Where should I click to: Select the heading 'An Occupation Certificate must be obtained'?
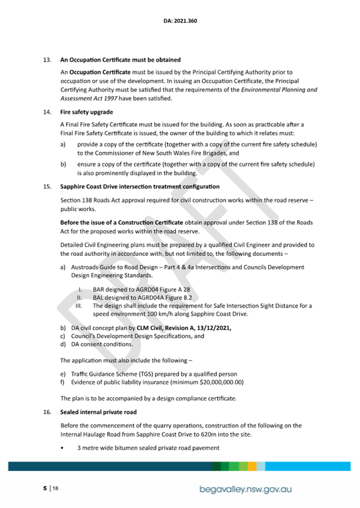[121, 60]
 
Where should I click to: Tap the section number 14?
[47, 112]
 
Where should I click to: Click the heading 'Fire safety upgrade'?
[86, 112]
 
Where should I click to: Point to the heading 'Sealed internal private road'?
[98, 412]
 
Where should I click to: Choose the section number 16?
[47, 412]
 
